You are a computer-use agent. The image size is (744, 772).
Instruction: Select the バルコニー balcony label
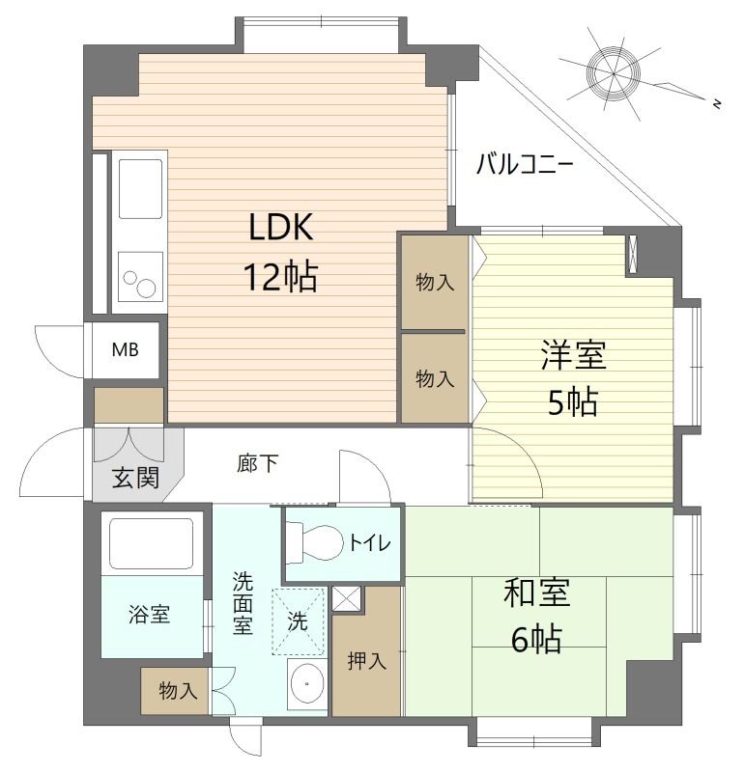coord(525,164)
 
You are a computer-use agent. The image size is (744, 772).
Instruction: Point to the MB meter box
coord(124,349)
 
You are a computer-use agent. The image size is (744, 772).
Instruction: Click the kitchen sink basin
coord(141,188)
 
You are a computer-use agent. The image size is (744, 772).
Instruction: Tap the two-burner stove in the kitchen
coord(140,281)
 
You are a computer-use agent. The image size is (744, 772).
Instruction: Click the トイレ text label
coord(370,543)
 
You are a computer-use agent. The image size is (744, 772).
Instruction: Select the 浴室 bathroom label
coord(149,614)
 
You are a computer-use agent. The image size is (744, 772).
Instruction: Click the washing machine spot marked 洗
coord(299,622)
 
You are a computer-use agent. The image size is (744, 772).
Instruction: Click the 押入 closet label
coord(366,661)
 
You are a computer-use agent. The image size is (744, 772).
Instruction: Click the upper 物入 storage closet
coord(434,282)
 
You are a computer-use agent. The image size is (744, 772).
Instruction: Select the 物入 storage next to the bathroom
coord(178,691)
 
